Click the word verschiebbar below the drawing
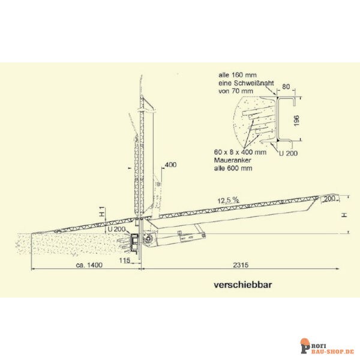(242, 285)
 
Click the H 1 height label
(101, 212)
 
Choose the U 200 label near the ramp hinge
(116, 229)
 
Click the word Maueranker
(231, 161)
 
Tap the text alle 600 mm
(231, 169)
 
